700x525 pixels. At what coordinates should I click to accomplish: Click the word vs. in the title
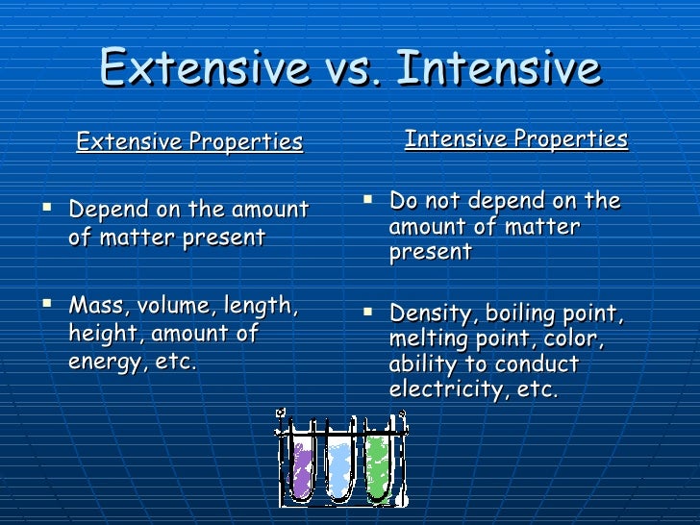352,69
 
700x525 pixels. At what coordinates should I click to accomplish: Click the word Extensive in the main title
205,66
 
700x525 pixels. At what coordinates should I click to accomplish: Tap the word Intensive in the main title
499,66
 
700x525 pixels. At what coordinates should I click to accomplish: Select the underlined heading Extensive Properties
189,142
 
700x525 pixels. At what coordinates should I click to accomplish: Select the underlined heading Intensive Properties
516,139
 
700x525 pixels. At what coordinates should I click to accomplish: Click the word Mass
96,306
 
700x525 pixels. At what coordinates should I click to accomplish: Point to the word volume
174,306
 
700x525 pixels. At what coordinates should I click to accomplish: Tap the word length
262,307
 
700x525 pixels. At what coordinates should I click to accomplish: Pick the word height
103,334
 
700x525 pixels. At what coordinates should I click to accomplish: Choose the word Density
431,313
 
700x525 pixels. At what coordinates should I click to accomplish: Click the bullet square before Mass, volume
47,304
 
